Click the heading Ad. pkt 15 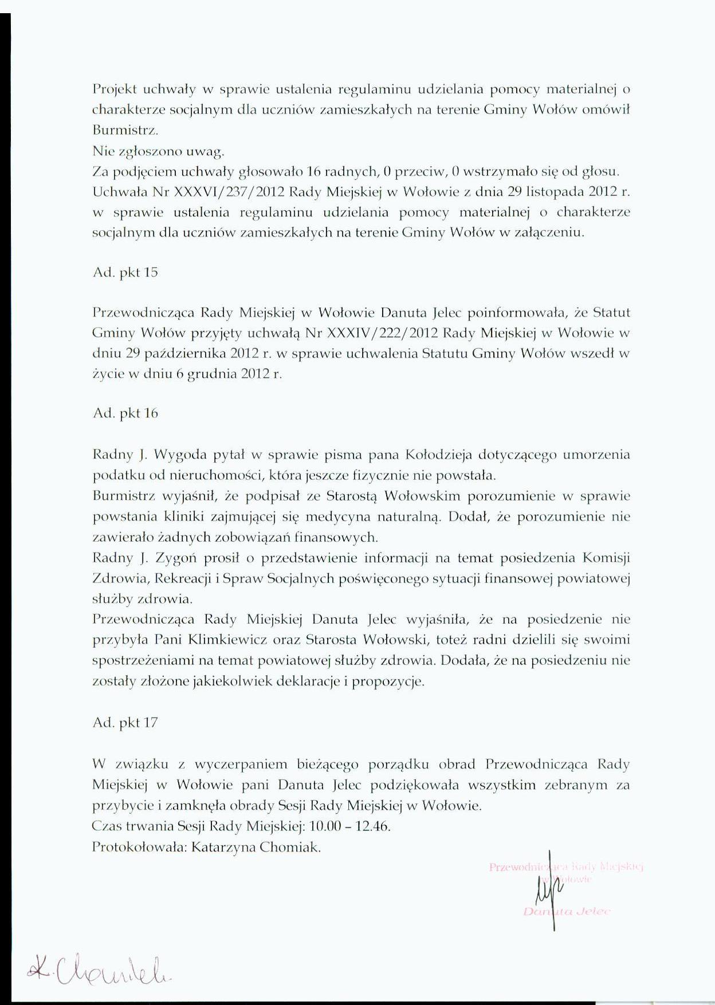(125, 273)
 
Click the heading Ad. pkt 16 (125, 413)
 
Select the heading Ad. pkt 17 (125, 723)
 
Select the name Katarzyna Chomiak (256, 847)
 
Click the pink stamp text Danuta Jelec (567, 911)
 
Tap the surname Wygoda (177, 455)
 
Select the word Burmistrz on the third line (124, 130)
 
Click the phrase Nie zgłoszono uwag (158, 151)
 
